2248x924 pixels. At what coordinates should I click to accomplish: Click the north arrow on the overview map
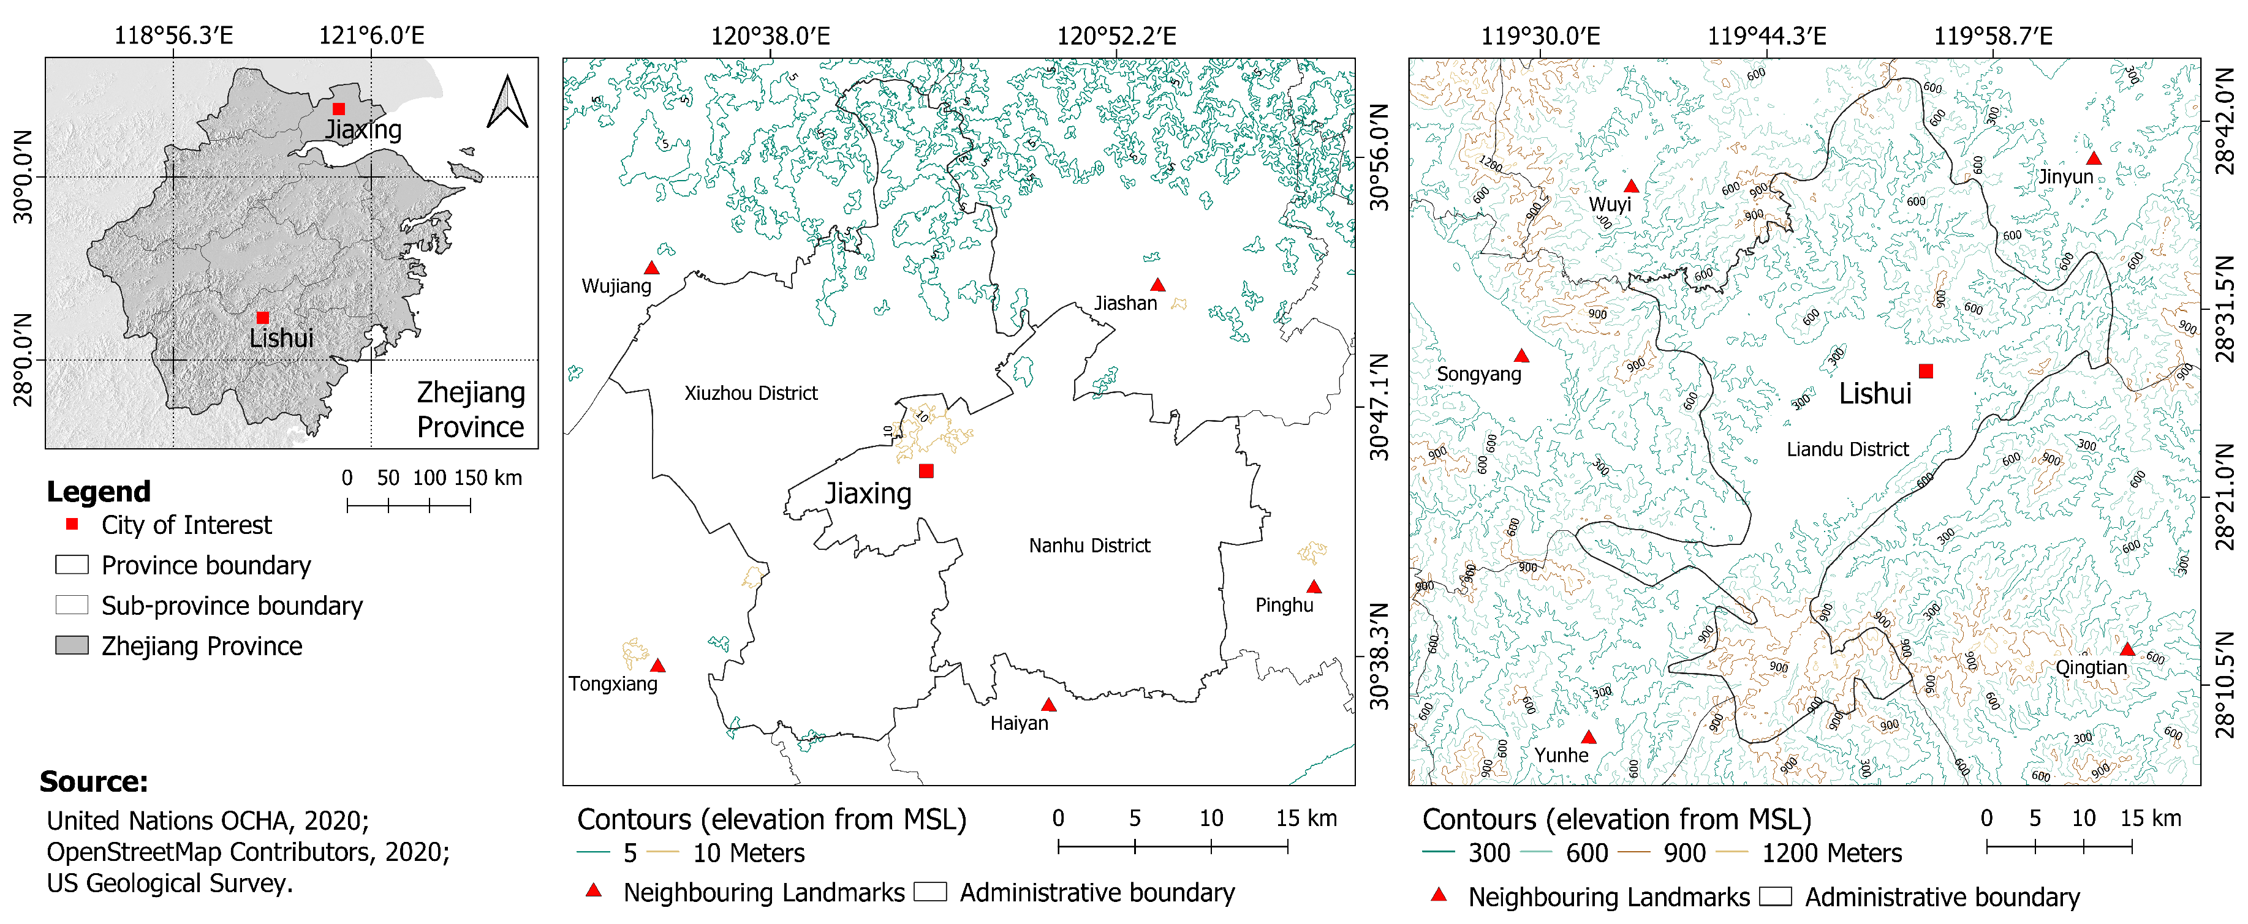coord(507,103)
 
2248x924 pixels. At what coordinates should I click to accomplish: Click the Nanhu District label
coord(1089,546)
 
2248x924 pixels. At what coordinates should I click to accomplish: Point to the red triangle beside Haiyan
coord(1048,705)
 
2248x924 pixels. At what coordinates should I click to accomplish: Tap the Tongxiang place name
coord(613,684)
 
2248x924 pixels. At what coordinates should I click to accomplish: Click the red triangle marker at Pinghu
coord(1314,587)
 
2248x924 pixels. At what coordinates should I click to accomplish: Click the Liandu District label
coord(1847,450)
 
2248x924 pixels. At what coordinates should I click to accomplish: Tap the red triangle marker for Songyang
coord(1521,356)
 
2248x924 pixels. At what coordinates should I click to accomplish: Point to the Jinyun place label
coord(2065,177)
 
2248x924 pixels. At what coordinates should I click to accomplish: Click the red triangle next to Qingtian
coord(2127,649)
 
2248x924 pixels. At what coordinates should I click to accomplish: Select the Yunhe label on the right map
coord(1561,756)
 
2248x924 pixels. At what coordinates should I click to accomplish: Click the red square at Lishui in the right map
coord(1926,372)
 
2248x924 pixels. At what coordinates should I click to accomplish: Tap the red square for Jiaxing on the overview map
coord(339,109)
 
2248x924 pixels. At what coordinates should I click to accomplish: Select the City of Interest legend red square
coord(72,524)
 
